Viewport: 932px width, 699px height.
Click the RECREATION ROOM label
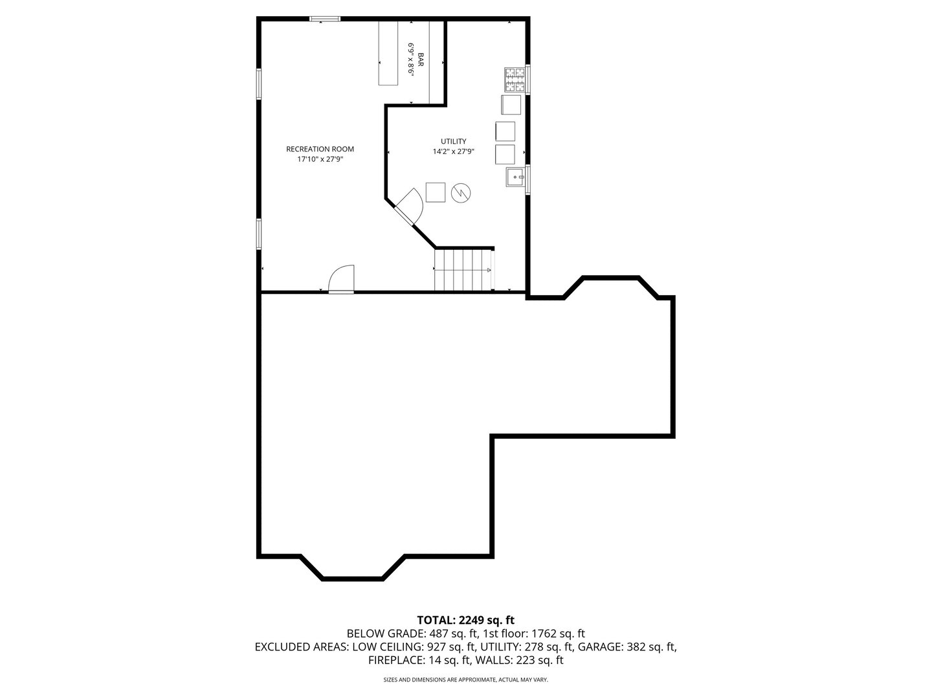click(x=320, y=149)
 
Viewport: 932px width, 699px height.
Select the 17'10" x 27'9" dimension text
click(x=320, y=159)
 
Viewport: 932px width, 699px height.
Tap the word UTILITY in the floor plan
click(x=453, y=141)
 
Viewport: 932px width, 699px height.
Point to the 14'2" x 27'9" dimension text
click(x=453, y=151)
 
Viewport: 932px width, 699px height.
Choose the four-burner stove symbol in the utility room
click(x=515, y=79)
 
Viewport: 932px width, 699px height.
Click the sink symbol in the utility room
click(x=515, y=175)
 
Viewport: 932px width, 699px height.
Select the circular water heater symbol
click(x=461, y=192)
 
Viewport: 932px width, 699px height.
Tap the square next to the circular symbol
click(x=436, y=192)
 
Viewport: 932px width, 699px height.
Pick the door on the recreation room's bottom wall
click(x=342, y=280)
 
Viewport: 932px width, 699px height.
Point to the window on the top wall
click(x=324, y=19)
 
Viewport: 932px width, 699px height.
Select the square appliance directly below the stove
click(x=510, y=104)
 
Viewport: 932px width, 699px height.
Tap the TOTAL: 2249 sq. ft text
click(x=465, y=620)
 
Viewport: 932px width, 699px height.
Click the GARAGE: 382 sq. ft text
click(x=627, y=647)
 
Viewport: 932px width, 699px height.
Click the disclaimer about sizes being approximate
click(x=465, y=680)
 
